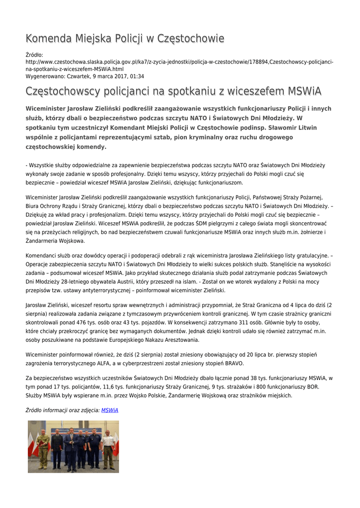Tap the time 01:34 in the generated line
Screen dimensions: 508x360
click(x=137, y=76)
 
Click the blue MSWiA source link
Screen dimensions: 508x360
click(x=110, y=410)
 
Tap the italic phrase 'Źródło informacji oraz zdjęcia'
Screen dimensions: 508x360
click(x=62, y=410)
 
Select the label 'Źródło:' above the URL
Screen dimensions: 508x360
click(x=34, y=55)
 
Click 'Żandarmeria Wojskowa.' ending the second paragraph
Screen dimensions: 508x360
click(x=55, y=241)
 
